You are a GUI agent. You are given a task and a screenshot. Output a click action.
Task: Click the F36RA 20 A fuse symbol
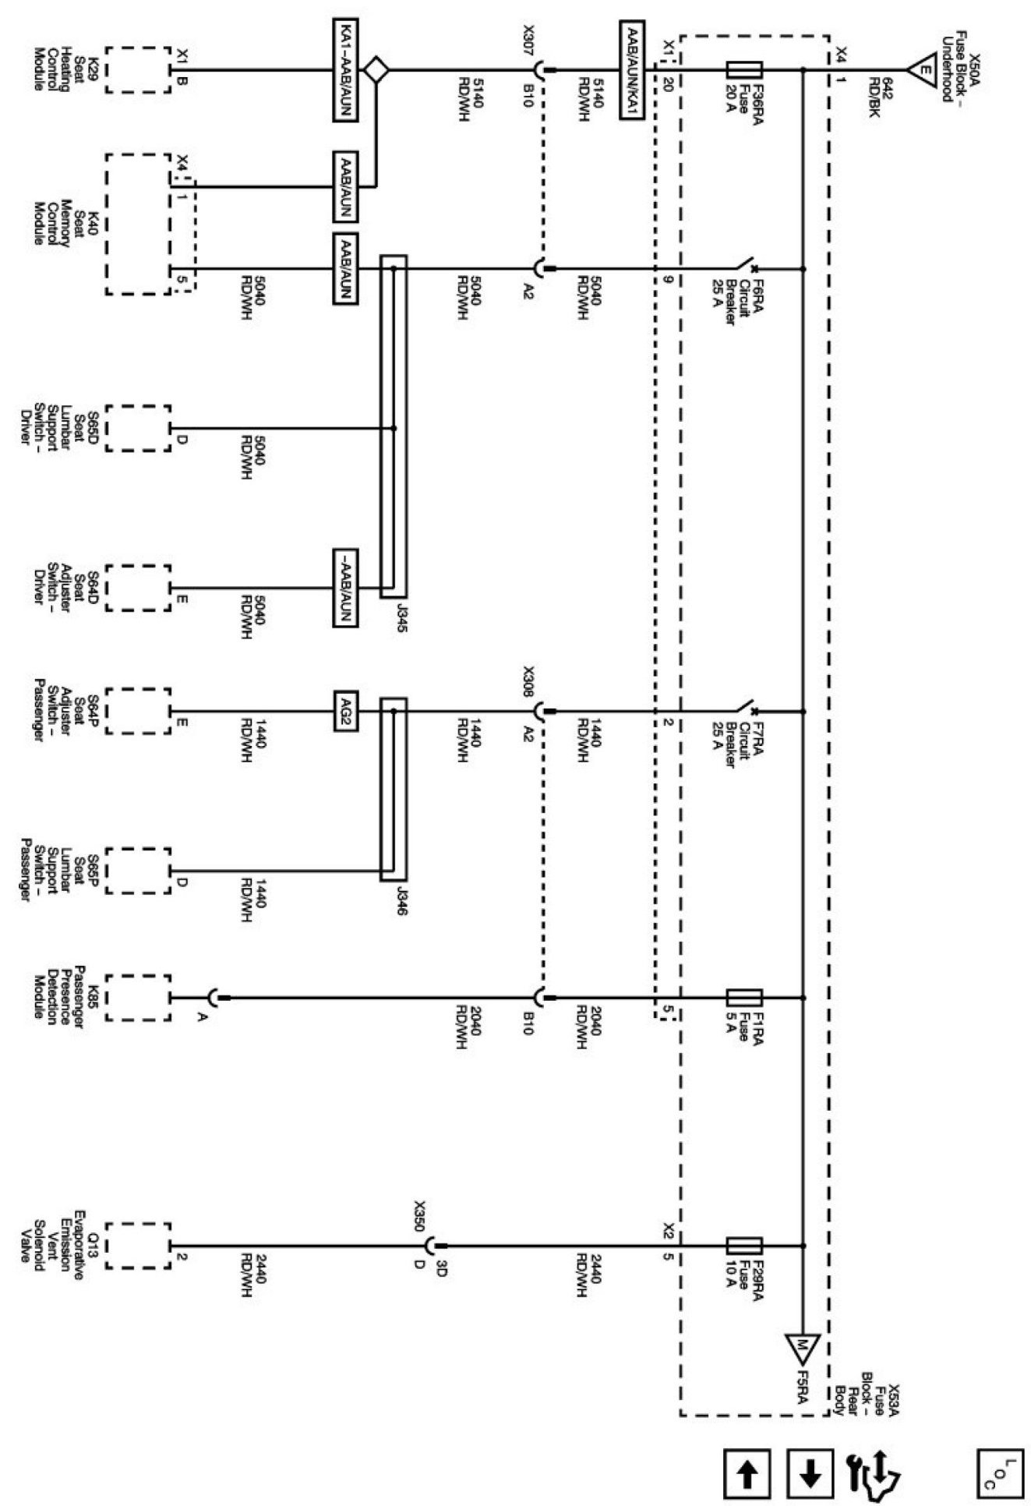coord(743,70)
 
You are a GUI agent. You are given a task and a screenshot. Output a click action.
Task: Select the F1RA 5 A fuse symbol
coord(743,997)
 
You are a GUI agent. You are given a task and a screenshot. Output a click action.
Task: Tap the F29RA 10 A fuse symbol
coord(743,1245)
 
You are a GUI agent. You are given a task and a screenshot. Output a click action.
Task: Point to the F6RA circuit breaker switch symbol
coord(744,266)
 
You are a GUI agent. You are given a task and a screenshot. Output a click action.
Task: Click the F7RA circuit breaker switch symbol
coord(744,708)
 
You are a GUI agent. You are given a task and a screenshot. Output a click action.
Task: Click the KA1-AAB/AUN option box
coord(345,70)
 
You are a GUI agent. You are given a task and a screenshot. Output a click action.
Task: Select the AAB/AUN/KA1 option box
coord(633,70)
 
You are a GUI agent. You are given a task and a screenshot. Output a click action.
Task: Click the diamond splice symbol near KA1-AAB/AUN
coord(377,69)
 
